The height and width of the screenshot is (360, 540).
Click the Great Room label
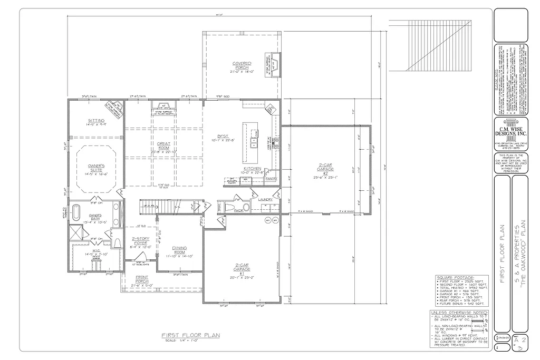pos(163,146)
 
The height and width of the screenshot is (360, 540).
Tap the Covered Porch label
pos(242,65)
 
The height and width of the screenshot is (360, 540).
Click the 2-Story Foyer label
pos(140,240)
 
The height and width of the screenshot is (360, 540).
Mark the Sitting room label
pos(96,121)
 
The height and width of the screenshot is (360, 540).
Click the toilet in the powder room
pos(228,208)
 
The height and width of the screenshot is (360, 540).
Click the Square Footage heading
pos(455,277)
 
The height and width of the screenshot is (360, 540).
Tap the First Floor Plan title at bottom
pos(190,335)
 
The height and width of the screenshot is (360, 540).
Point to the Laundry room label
pos(265,199)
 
